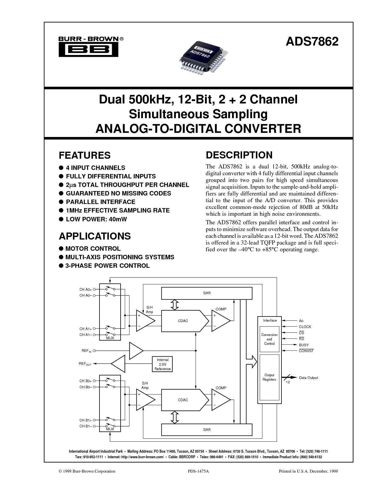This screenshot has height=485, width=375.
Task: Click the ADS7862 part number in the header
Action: point(312,41)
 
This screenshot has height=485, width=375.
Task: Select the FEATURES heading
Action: point(85,155)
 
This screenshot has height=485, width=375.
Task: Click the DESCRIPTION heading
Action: point(239,155)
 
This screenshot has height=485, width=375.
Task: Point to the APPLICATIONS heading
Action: point(95,236)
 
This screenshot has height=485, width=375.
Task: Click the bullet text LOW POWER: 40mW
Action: point(96,219)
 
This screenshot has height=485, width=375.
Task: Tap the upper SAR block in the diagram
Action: point(207,293)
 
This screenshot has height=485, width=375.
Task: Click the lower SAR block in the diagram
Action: point(207,430)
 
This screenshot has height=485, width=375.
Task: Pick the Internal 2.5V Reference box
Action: point(162,364)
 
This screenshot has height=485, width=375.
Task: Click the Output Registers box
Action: point(269,377)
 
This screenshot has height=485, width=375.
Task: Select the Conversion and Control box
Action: point(269,339)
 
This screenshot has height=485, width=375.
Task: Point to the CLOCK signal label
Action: point(305,327)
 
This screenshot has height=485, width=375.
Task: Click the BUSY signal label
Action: point(304,345)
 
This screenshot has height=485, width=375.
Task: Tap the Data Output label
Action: point(308,378)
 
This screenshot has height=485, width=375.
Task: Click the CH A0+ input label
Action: point(86,290)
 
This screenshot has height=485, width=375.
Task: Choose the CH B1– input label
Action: point(86,426)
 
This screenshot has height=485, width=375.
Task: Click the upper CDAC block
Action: point(183,321)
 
